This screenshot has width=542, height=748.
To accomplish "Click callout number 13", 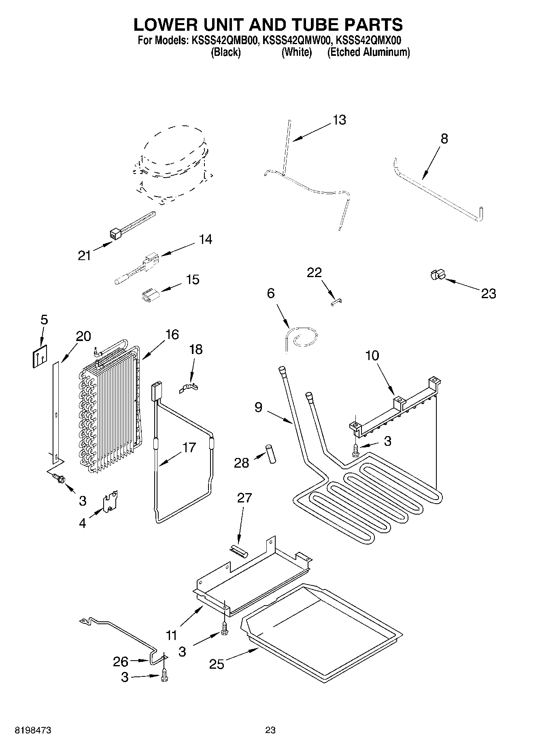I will pyautogui.click(x=339, y=120).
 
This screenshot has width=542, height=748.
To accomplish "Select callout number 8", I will pyautogui.click(x=444, y=139).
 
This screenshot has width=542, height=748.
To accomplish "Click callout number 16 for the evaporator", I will pyautogui.click(x=172, y=335).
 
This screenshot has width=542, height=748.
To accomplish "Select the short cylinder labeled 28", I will pyautogui.click(x=270, y=454).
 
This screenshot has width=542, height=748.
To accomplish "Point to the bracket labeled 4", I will pyautogui.click(x=110, y=502).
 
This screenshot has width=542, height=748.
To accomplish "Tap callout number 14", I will pyautogui.click(x=206, y=239).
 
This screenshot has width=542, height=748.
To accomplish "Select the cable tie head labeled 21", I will pyautogui.click(x=116, y=234).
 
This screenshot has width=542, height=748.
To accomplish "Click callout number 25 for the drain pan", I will pyautogui.click(x=217, y=664).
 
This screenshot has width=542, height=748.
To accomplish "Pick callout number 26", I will pyautogui.click(x=121, y=662).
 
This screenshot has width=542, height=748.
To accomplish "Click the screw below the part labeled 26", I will pyautogui.click(x=164, y=675).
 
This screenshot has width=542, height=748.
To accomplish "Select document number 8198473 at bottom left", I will pyautogui.click(x=33, y=730).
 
